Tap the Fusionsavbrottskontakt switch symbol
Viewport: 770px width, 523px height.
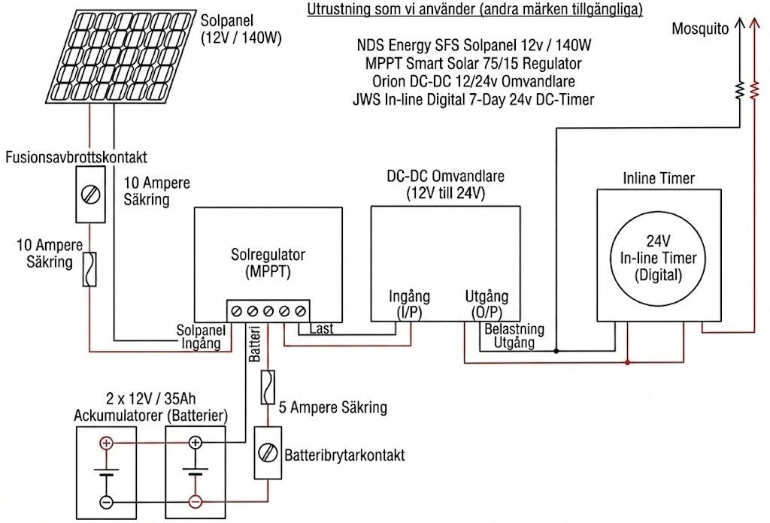point(90,195)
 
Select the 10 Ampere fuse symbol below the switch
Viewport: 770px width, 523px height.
point(89,269)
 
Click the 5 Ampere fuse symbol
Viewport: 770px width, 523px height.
point(268,388)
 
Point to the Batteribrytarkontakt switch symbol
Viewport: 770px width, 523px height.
point(268,453)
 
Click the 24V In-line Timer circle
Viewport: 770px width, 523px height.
point(658,257)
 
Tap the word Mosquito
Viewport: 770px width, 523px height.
point(700,29)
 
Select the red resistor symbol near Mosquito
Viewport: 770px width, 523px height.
point(753,91)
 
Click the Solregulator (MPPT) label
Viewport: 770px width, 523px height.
point(268,263)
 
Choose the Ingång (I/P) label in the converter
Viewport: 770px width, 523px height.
point(409,304)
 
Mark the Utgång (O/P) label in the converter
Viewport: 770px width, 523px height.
point(487,304)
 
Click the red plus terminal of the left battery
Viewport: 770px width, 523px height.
point(106,443)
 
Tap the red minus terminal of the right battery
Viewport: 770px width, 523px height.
point(196,502)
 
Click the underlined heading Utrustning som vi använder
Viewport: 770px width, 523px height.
point(475,10)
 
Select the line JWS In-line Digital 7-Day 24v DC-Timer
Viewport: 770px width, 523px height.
point(474,100)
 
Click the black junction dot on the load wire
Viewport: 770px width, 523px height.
point(556,351)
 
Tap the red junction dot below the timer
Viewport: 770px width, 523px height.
point(628,363)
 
